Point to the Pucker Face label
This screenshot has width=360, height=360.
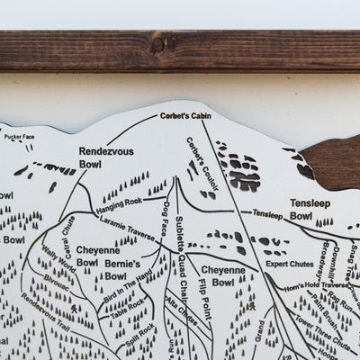[19, 137]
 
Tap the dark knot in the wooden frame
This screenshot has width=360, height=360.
[159, 41]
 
